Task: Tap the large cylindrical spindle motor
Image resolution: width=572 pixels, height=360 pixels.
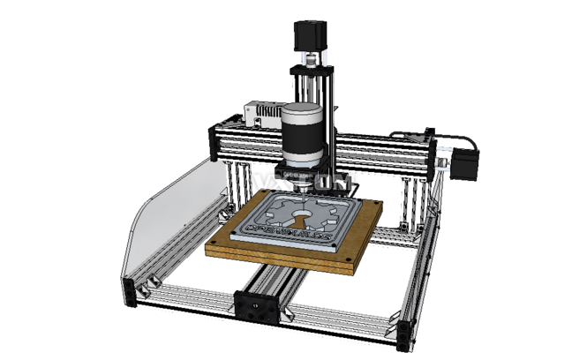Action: [303, 134]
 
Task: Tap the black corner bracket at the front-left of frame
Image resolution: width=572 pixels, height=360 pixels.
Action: [132, 292]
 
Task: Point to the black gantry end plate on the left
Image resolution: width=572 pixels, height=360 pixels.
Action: [213, 143]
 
